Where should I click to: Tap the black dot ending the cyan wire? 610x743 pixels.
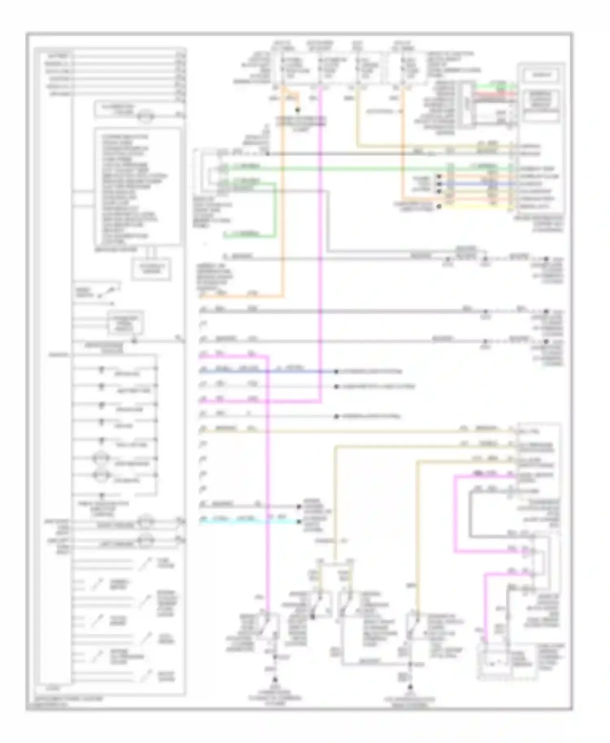pyautogui.click(x=298, y=521)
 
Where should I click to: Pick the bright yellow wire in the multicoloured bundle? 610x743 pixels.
pyautogui.click(x=476, y=206)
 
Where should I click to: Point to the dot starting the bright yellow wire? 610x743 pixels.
pyautogui.click(x=439, y=206)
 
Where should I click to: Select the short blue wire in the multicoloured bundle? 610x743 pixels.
pyautogui.click(x=476, y=184)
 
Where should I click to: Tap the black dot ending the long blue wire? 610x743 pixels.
pyautogui.click(x=336, y=371)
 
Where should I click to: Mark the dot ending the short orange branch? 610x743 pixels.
pyautogui.click(x=298, y=110)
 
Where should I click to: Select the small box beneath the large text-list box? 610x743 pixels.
pyautogui.click(x=150, y=269)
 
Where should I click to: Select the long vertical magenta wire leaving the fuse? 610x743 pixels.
pyautogui.click(x=320, y=244)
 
